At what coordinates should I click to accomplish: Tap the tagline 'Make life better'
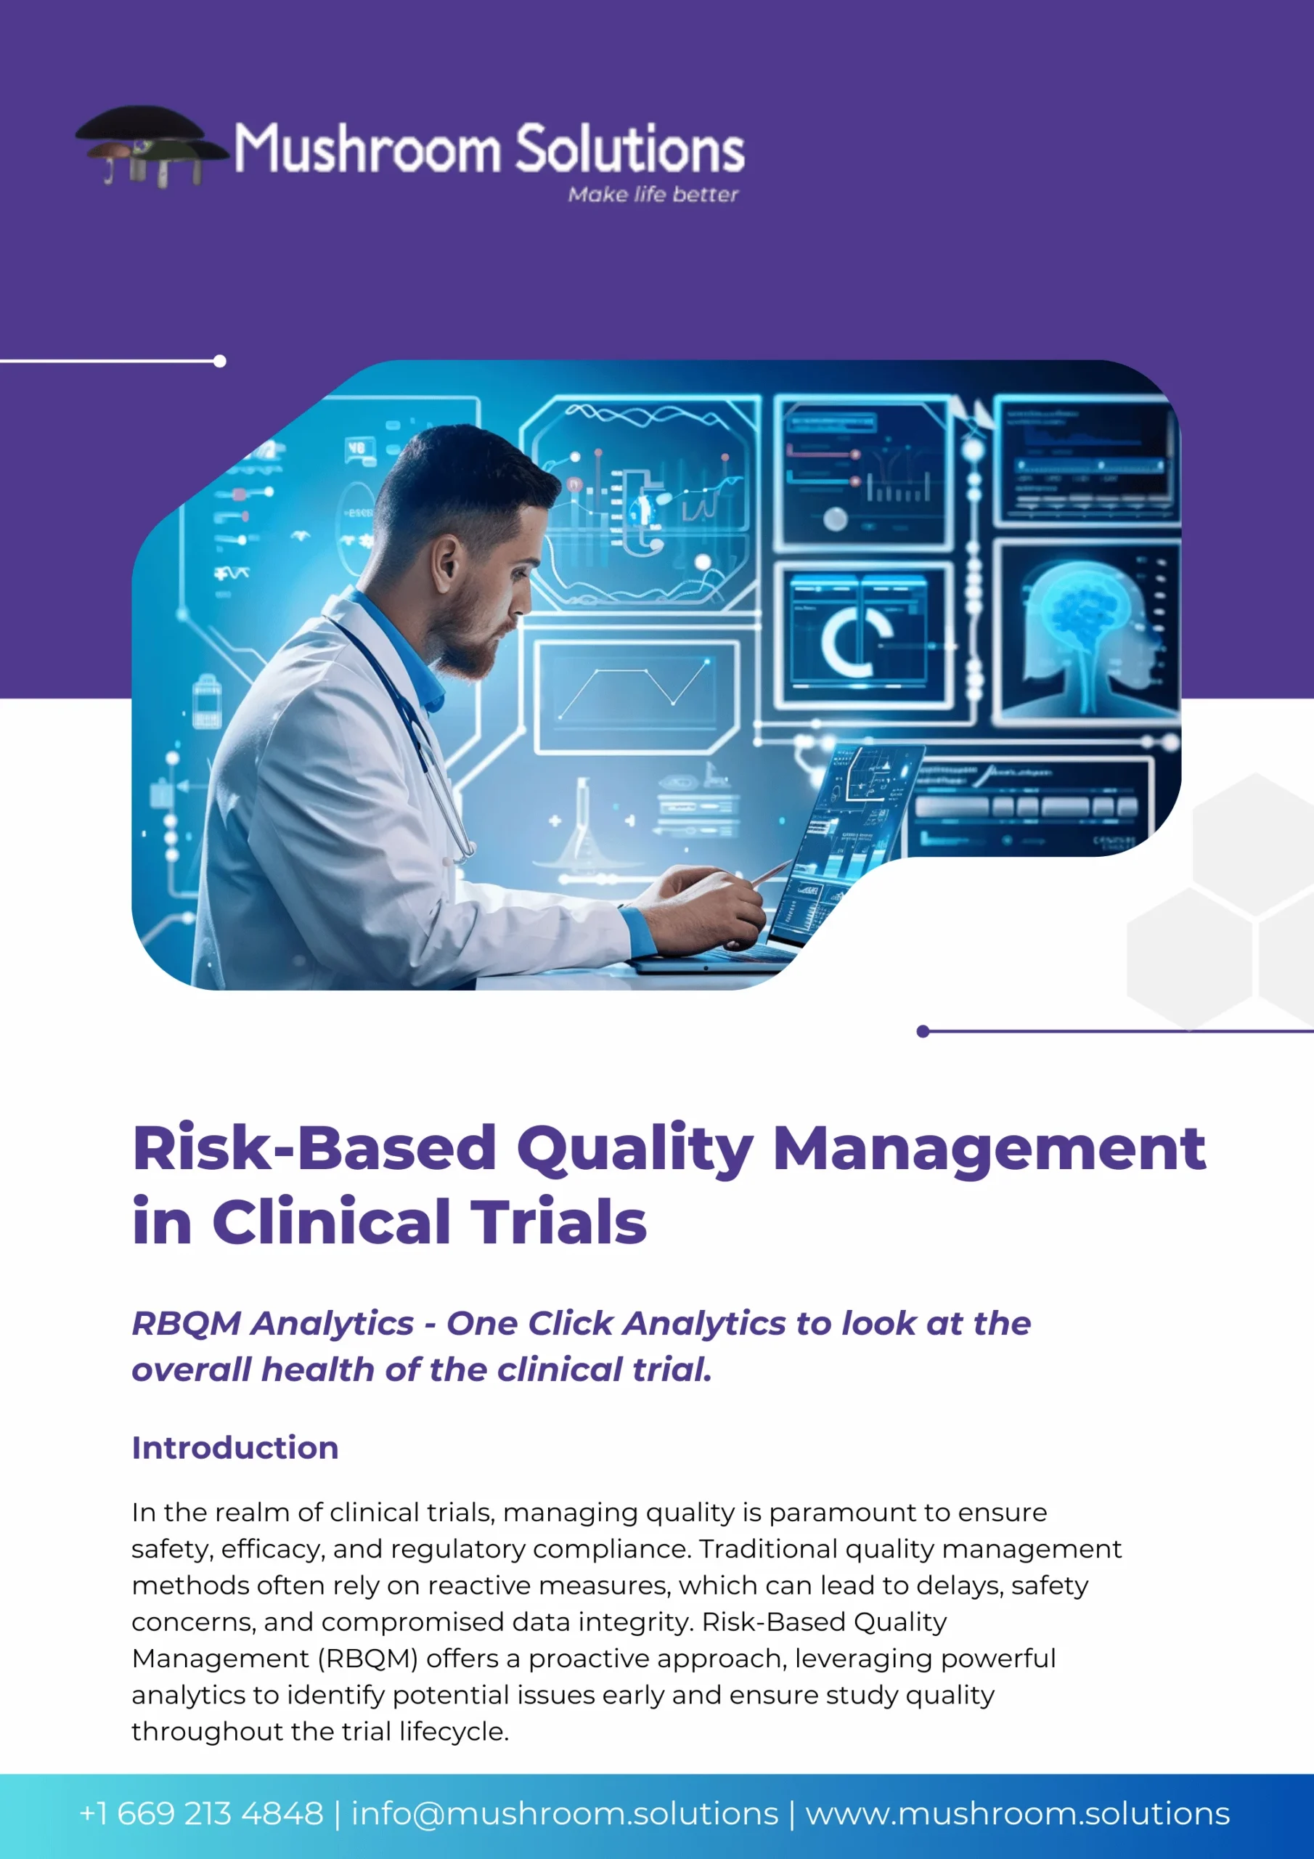(653, 195)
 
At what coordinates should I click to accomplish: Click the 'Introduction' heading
(234, 1447)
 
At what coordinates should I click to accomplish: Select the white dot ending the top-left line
(219, 361)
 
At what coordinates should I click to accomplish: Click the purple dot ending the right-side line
(923, 1030)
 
